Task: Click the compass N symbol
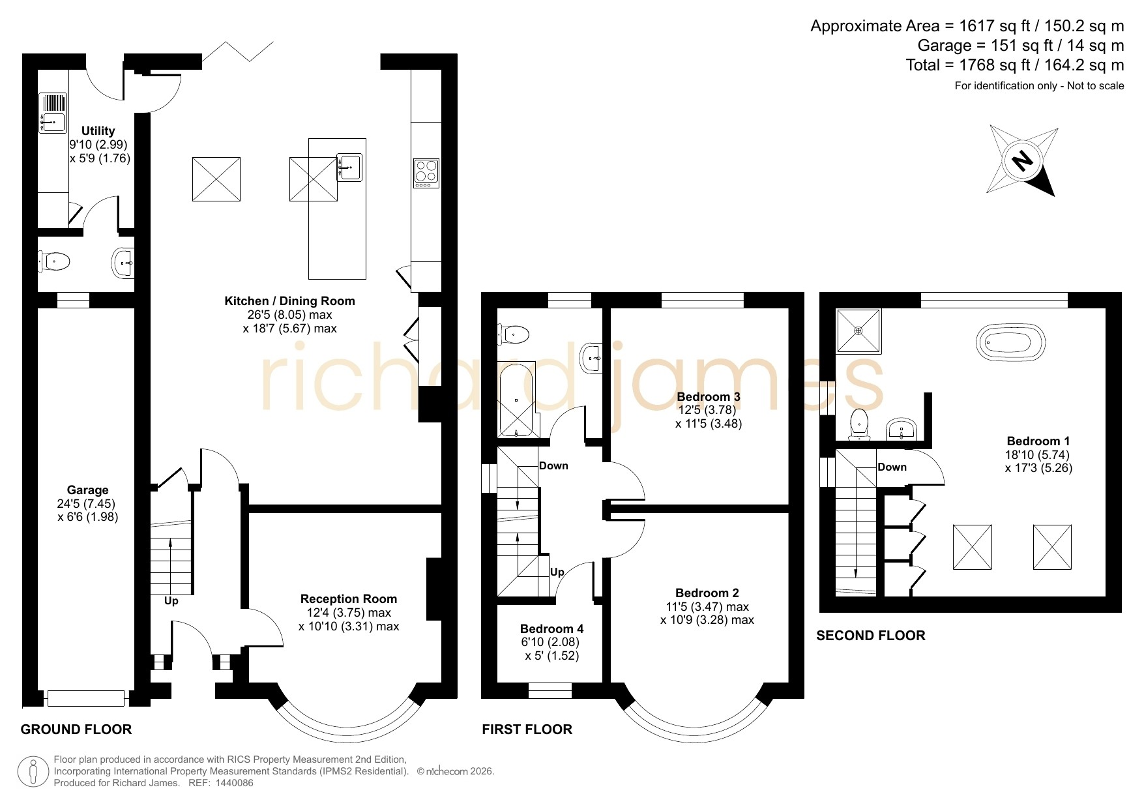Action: (1023, 160)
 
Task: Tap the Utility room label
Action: (98, 131)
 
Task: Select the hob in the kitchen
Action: (426, 173)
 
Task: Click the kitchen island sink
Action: (349, 167)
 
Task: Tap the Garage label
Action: (87, 490)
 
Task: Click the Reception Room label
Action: (349, 598)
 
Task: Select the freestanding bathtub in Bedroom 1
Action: (1010, 341)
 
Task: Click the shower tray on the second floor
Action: (858, 331)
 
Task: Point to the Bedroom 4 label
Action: (551, 628)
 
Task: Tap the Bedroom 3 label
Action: (709, 396)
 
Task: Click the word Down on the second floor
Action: (892, 467)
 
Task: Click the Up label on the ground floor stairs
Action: (171, 601)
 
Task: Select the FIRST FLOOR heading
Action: (527, 729)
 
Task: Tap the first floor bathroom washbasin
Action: (592, 357)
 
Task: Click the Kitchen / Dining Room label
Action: (289, 301)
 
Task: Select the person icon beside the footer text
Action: (33, 772)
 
